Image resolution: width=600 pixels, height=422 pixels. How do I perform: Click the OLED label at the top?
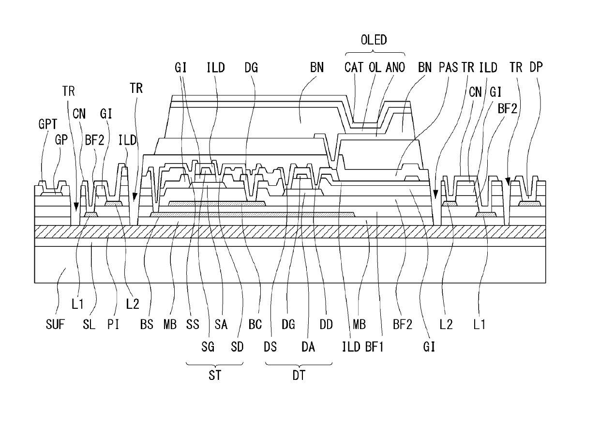coord(374,40)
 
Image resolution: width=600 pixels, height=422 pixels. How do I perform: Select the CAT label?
coord(354,67)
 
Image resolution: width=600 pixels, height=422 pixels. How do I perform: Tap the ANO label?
coord(395,67)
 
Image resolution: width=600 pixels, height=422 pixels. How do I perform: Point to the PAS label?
coord(448,67)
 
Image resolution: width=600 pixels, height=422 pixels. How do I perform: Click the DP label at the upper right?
coord(536,67)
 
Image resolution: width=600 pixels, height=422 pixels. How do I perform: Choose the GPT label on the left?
coord(48,124)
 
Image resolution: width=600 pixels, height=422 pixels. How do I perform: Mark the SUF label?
coord(55,324)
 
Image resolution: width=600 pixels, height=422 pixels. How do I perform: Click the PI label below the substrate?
coord(113,324)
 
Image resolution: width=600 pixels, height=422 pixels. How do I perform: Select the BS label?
coord(147,324)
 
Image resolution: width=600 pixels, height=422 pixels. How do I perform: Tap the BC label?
coord(255,324)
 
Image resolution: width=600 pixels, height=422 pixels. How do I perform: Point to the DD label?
coord(326,324)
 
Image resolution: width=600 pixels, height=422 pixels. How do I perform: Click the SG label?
coord(208,347)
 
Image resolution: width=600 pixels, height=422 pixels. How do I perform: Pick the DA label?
coord(308,347)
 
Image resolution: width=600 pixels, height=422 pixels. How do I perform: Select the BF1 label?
coord(375,347)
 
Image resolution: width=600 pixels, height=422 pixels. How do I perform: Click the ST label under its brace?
coord(215,376)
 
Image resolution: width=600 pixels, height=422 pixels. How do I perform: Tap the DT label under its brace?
coord(299,376)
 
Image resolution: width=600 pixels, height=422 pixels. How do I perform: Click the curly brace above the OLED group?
coord(375,52)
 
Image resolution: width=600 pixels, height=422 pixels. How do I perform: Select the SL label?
coord(89,324)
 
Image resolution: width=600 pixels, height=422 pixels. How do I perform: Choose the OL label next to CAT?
coord(375,67)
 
